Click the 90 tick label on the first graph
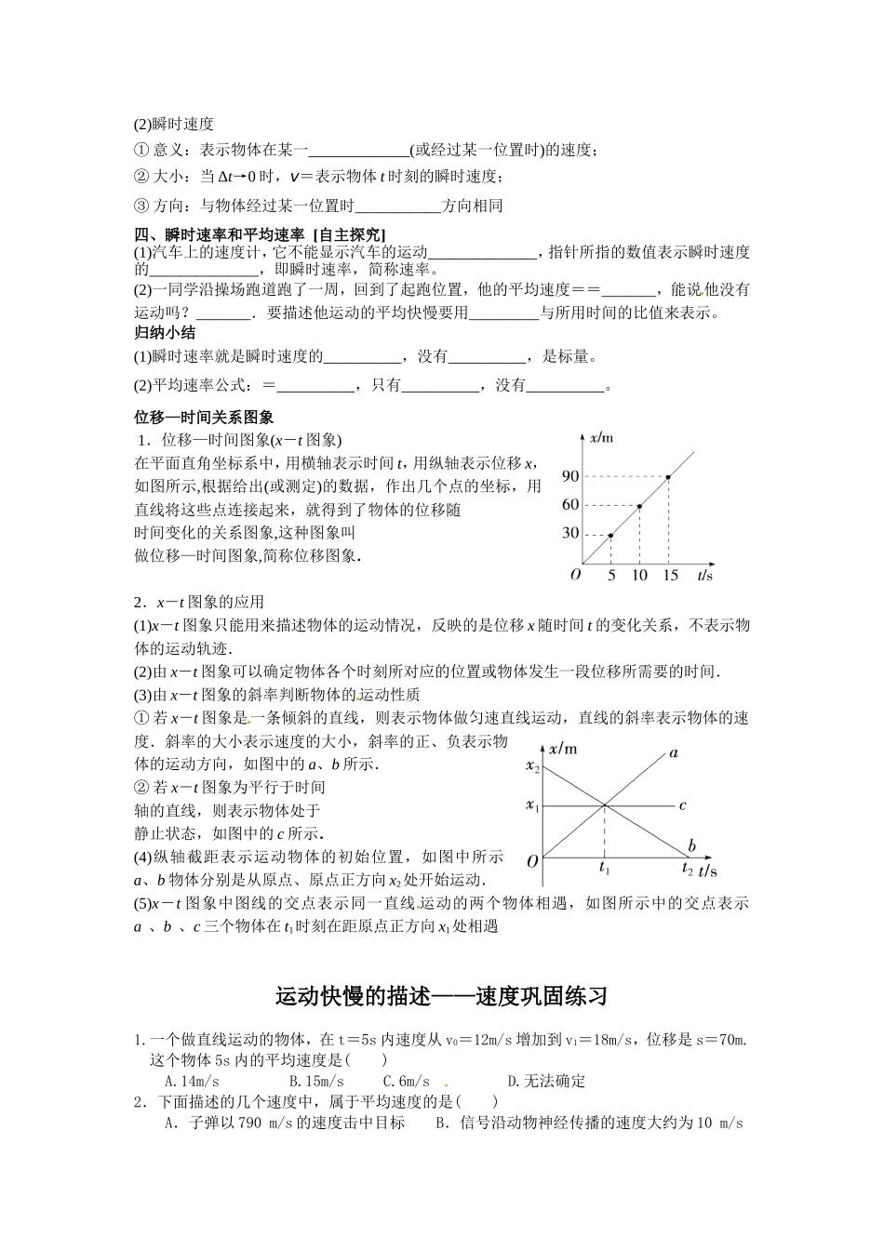570,476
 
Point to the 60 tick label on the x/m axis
570,505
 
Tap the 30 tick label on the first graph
570,534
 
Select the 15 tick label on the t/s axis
670,576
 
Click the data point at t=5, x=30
610,535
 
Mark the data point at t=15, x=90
668,477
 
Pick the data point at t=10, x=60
639,506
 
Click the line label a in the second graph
673,752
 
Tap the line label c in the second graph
682,805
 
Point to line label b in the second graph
691,846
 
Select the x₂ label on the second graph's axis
532,766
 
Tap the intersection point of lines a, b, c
606,805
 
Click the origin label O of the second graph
532,861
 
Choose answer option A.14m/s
192,1081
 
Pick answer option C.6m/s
407,1081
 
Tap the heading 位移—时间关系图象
204,419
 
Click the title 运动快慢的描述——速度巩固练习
442,997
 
